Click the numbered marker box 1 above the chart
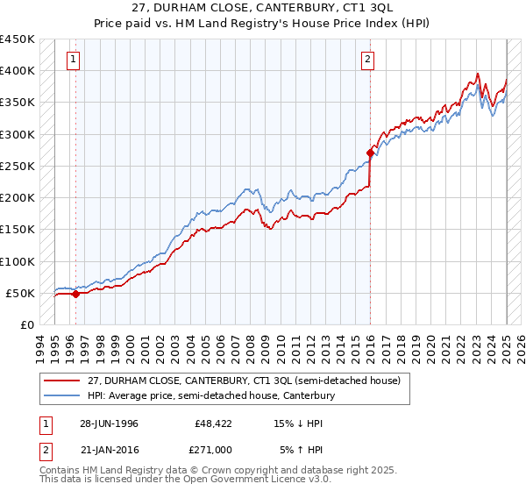click(72, 60)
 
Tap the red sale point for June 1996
click(75, 295)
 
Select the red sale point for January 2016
click(370, 153)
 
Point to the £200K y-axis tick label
click(18, 198)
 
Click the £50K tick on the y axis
click(21, 294)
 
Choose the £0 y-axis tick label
click(28, 325)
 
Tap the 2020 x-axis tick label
click(431, 346)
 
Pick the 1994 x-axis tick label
click(40, 346)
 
